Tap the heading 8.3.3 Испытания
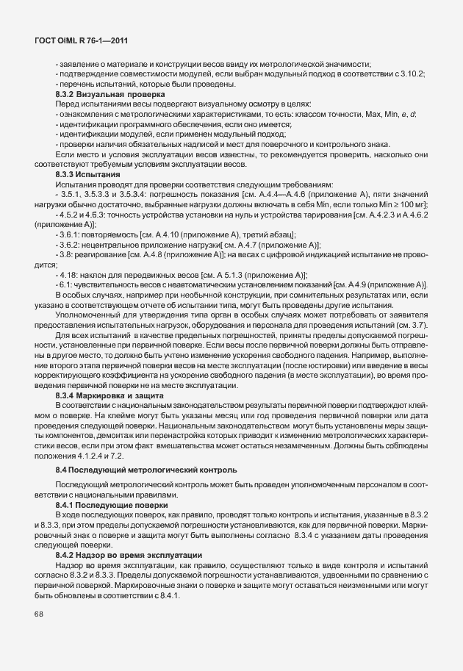[x=87, y=174]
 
